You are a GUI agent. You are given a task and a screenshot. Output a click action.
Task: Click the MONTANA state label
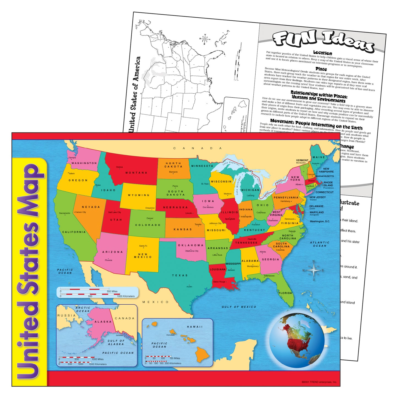tap(136, 173)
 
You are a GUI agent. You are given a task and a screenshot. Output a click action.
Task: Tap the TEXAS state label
tap(180, 275)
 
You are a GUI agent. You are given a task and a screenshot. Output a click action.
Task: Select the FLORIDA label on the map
tap(285, 293)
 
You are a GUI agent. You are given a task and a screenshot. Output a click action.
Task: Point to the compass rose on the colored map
tap(313, 270)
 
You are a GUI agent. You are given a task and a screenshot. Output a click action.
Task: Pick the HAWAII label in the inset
tap(194, 327)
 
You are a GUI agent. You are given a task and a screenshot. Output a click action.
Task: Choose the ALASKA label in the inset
tap(103, 322)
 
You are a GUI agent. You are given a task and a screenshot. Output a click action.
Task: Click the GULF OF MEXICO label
tap(239, 307)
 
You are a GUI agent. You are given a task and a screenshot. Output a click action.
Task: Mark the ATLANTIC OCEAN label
tap(320, 244)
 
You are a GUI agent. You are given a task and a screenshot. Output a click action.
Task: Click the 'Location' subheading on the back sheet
tap(323, 53)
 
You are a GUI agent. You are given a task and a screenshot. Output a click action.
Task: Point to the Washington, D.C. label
tap(320, 221)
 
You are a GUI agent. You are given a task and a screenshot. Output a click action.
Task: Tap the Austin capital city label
tap(189, 287)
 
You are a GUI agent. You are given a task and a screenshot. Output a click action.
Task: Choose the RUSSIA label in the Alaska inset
tap(66, 315)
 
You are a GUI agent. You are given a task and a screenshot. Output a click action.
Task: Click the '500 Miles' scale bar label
tap(112, 291)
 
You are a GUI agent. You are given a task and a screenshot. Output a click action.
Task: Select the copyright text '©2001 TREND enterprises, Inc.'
tap(319, 382)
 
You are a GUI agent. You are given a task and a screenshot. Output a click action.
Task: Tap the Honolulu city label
tap(170, 335)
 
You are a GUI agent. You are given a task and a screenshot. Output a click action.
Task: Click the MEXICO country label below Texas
tap(155, 302)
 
